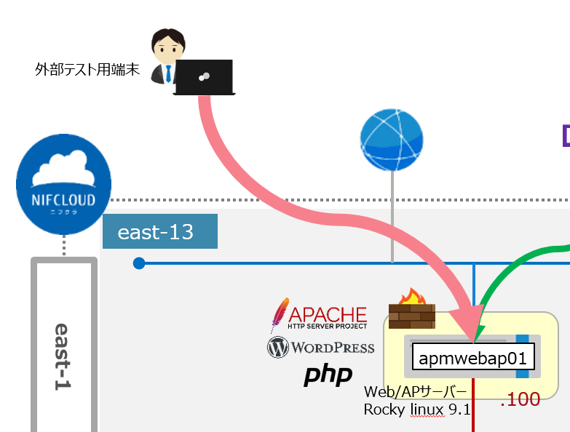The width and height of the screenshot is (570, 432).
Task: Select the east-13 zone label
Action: coord(159,231)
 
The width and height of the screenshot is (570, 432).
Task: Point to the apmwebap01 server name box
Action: coord(473,358)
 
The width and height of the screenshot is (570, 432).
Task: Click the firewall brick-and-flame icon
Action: coord(412,308)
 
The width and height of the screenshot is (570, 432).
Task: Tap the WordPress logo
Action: coord(321,348)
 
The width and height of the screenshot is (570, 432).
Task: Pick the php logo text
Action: coord(328,375)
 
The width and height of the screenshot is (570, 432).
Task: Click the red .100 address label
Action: coord(520,399)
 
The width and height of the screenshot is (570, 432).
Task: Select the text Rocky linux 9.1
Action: coord(417,409)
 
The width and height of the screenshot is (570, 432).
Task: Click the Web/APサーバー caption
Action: coord(415,392)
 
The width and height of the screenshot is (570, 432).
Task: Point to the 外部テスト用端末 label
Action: coord(87,70)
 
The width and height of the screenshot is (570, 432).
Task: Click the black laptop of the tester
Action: coord(205,77)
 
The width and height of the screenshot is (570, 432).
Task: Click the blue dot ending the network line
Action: coord(139,263)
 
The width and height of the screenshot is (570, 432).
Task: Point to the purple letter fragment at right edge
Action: coord(566,135)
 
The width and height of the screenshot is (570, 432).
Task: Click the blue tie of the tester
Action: coord(169,73)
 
